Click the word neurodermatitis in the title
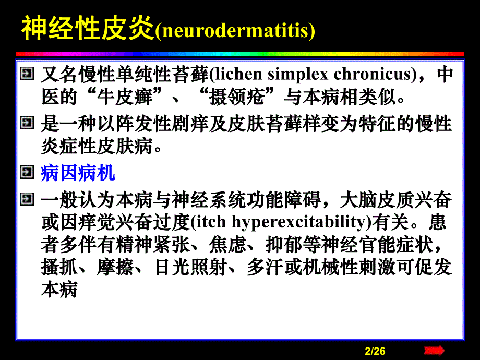(x=235, y=31)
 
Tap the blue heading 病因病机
(x=78, y=173)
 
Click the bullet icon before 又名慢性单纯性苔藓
(x=26, y=74)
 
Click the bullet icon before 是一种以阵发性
(x=26, y=124)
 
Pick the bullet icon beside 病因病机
(x=26, y=172)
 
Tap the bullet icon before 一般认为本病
(x=26, y=199)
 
